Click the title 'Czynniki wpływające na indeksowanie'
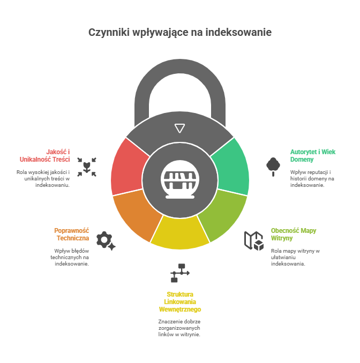pos(180,33)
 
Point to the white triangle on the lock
pos(180,128)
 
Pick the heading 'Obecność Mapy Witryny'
pos(294,234)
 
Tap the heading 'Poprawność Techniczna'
pos(72,234)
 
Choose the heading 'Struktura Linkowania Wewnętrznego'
pos(180,301)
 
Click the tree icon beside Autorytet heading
pos(273,165)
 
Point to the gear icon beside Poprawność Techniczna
pos(105,240)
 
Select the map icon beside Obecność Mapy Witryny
pos(254,240)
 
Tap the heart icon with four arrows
pos(87,167)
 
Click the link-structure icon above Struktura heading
pos(179,272)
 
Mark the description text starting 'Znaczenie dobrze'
pos(180,328)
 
